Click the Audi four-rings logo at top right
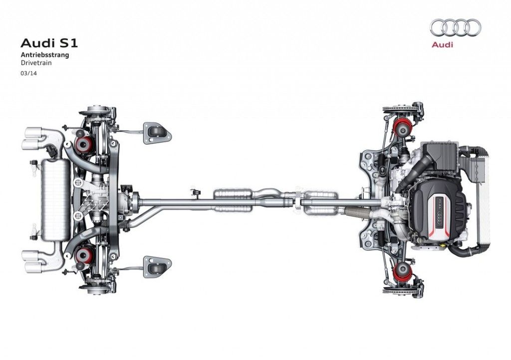pyautogui.click(x=456, y=27)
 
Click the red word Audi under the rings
pyautogui.click(x=442, y=44)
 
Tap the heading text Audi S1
pyautogui.click(x=49, y=43)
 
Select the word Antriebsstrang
pyautogui.click(x=45, y=55)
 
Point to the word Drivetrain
pyautogui.click(x=36, y=63)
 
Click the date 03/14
pyautogui.click(x=29, y=73)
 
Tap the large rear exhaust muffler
pyautogui.click(x=55, y=200)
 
